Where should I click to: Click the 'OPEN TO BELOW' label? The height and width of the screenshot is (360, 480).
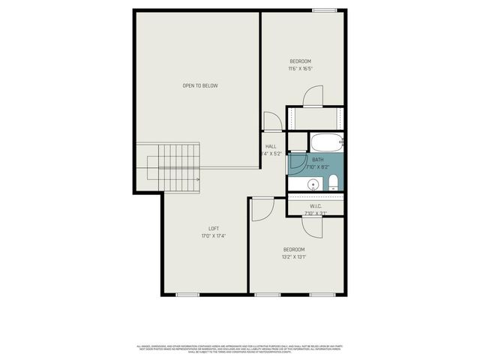tap(200, 85)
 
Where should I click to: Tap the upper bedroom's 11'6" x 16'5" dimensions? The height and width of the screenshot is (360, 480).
tap(300, 69)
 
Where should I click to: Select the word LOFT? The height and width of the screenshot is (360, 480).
tap(214, 228)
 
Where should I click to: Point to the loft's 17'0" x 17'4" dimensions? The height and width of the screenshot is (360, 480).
tap(214, 236)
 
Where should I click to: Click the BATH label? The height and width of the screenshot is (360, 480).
tap(318, 160)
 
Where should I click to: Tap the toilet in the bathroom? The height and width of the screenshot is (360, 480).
tap(333, 184)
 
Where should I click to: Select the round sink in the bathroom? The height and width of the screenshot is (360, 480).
tap(313, 184)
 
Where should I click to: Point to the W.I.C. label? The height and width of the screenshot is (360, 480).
tap(316, 205)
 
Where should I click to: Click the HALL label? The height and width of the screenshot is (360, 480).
tap(271, 146)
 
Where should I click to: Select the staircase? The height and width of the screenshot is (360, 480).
tap(174, 168)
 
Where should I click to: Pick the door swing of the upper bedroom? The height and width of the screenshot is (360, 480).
tap(313, 97)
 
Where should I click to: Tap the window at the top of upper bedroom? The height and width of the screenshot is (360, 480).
tap(324, 10)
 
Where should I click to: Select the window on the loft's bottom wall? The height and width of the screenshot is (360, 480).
tap(187, 294)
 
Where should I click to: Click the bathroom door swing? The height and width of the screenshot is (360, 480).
tap(295, 163)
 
